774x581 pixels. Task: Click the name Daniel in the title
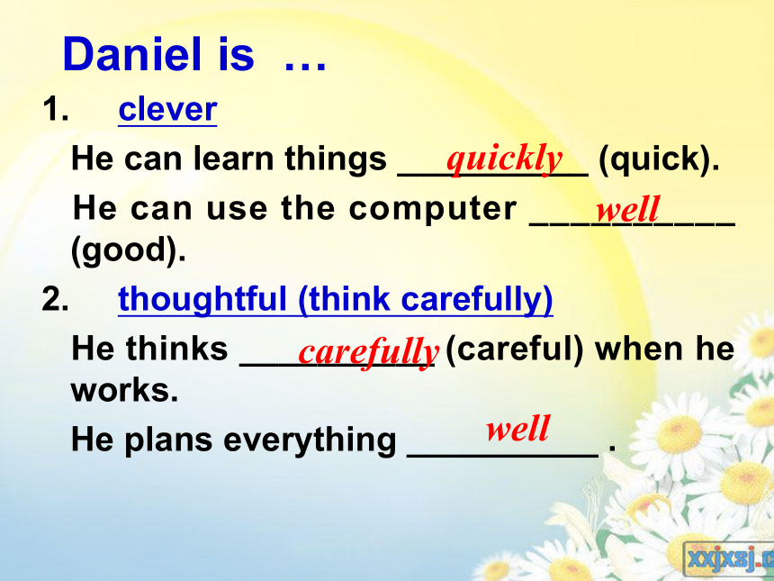coord(132,54)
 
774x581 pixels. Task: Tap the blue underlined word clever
coord(167,109)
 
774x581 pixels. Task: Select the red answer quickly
coord(505,159)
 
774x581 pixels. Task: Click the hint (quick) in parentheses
coord(659,159)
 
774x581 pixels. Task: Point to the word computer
coord(432,209)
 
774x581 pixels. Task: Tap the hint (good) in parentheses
coord(129,250)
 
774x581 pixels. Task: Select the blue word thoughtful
coord(202,300)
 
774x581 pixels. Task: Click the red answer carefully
coord(368,353)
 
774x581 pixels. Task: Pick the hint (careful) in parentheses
coord(515,350)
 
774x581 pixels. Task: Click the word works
coord(124,390)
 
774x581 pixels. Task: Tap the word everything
coord(310,440)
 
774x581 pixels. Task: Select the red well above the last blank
coord(517,429)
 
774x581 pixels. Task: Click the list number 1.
coord(55,109)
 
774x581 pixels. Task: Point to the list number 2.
coord(55,299)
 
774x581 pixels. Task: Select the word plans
coord(168,440)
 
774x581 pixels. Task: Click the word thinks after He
coord(176,349)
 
